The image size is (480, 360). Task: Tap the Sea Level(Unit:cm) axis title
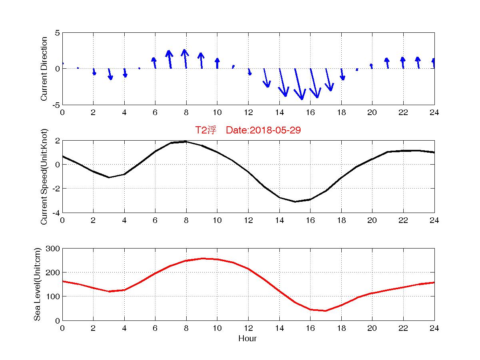click(37, 284)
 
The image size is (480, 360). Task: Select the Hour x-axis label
click(247, 339)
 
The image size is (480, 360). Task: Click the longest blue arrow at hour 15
click(299, 84)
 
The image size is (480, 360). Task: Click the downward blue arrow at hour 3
click(110, 74)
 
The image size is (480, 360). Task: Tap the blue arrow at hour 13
click(266, 78)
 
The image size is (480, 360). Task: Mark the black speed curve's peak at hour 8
click(186, 141)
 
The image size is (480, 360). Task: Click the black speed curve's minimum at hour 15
click(295, 202)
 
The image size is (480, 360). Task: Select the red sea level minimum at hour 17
click(325, 311)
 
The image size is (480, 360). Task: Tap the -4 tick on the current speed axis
click(56, 213)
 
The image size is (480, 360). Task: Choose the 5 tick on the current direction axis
click(58, 33)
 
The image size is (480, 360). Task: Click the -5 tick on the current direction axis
click(56, 105)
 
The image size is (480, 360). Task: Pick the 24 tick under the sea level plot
click(434, 328)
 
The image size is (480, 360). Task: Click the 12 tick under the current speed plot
click(248, 221)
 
